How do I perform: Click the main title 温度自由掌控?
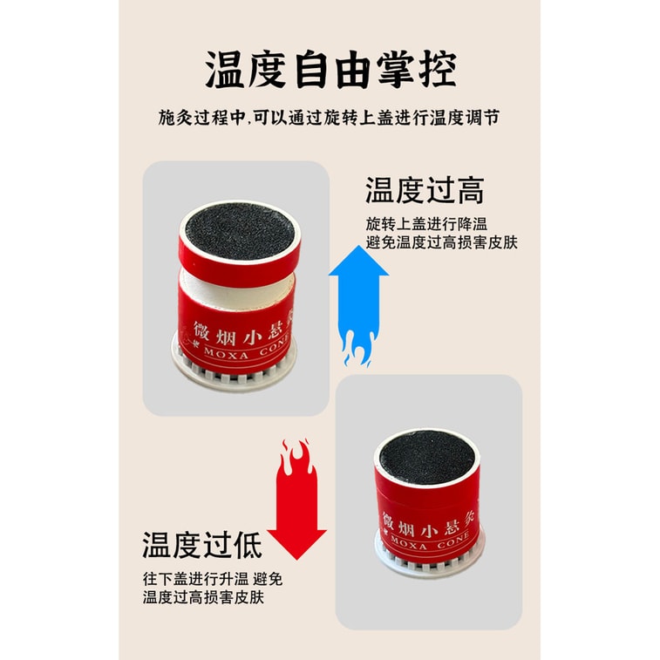coord(330,71)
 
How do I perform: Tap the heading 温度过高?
coord(424,190)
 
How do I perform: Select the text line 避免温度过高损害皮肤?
coord(441,242)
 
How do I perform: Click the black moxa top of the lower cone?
coord(426,458)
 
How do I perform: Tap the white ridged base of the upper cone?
coord(235,374)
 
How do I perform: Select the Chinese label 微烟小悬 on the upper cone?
coord(245,328)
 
